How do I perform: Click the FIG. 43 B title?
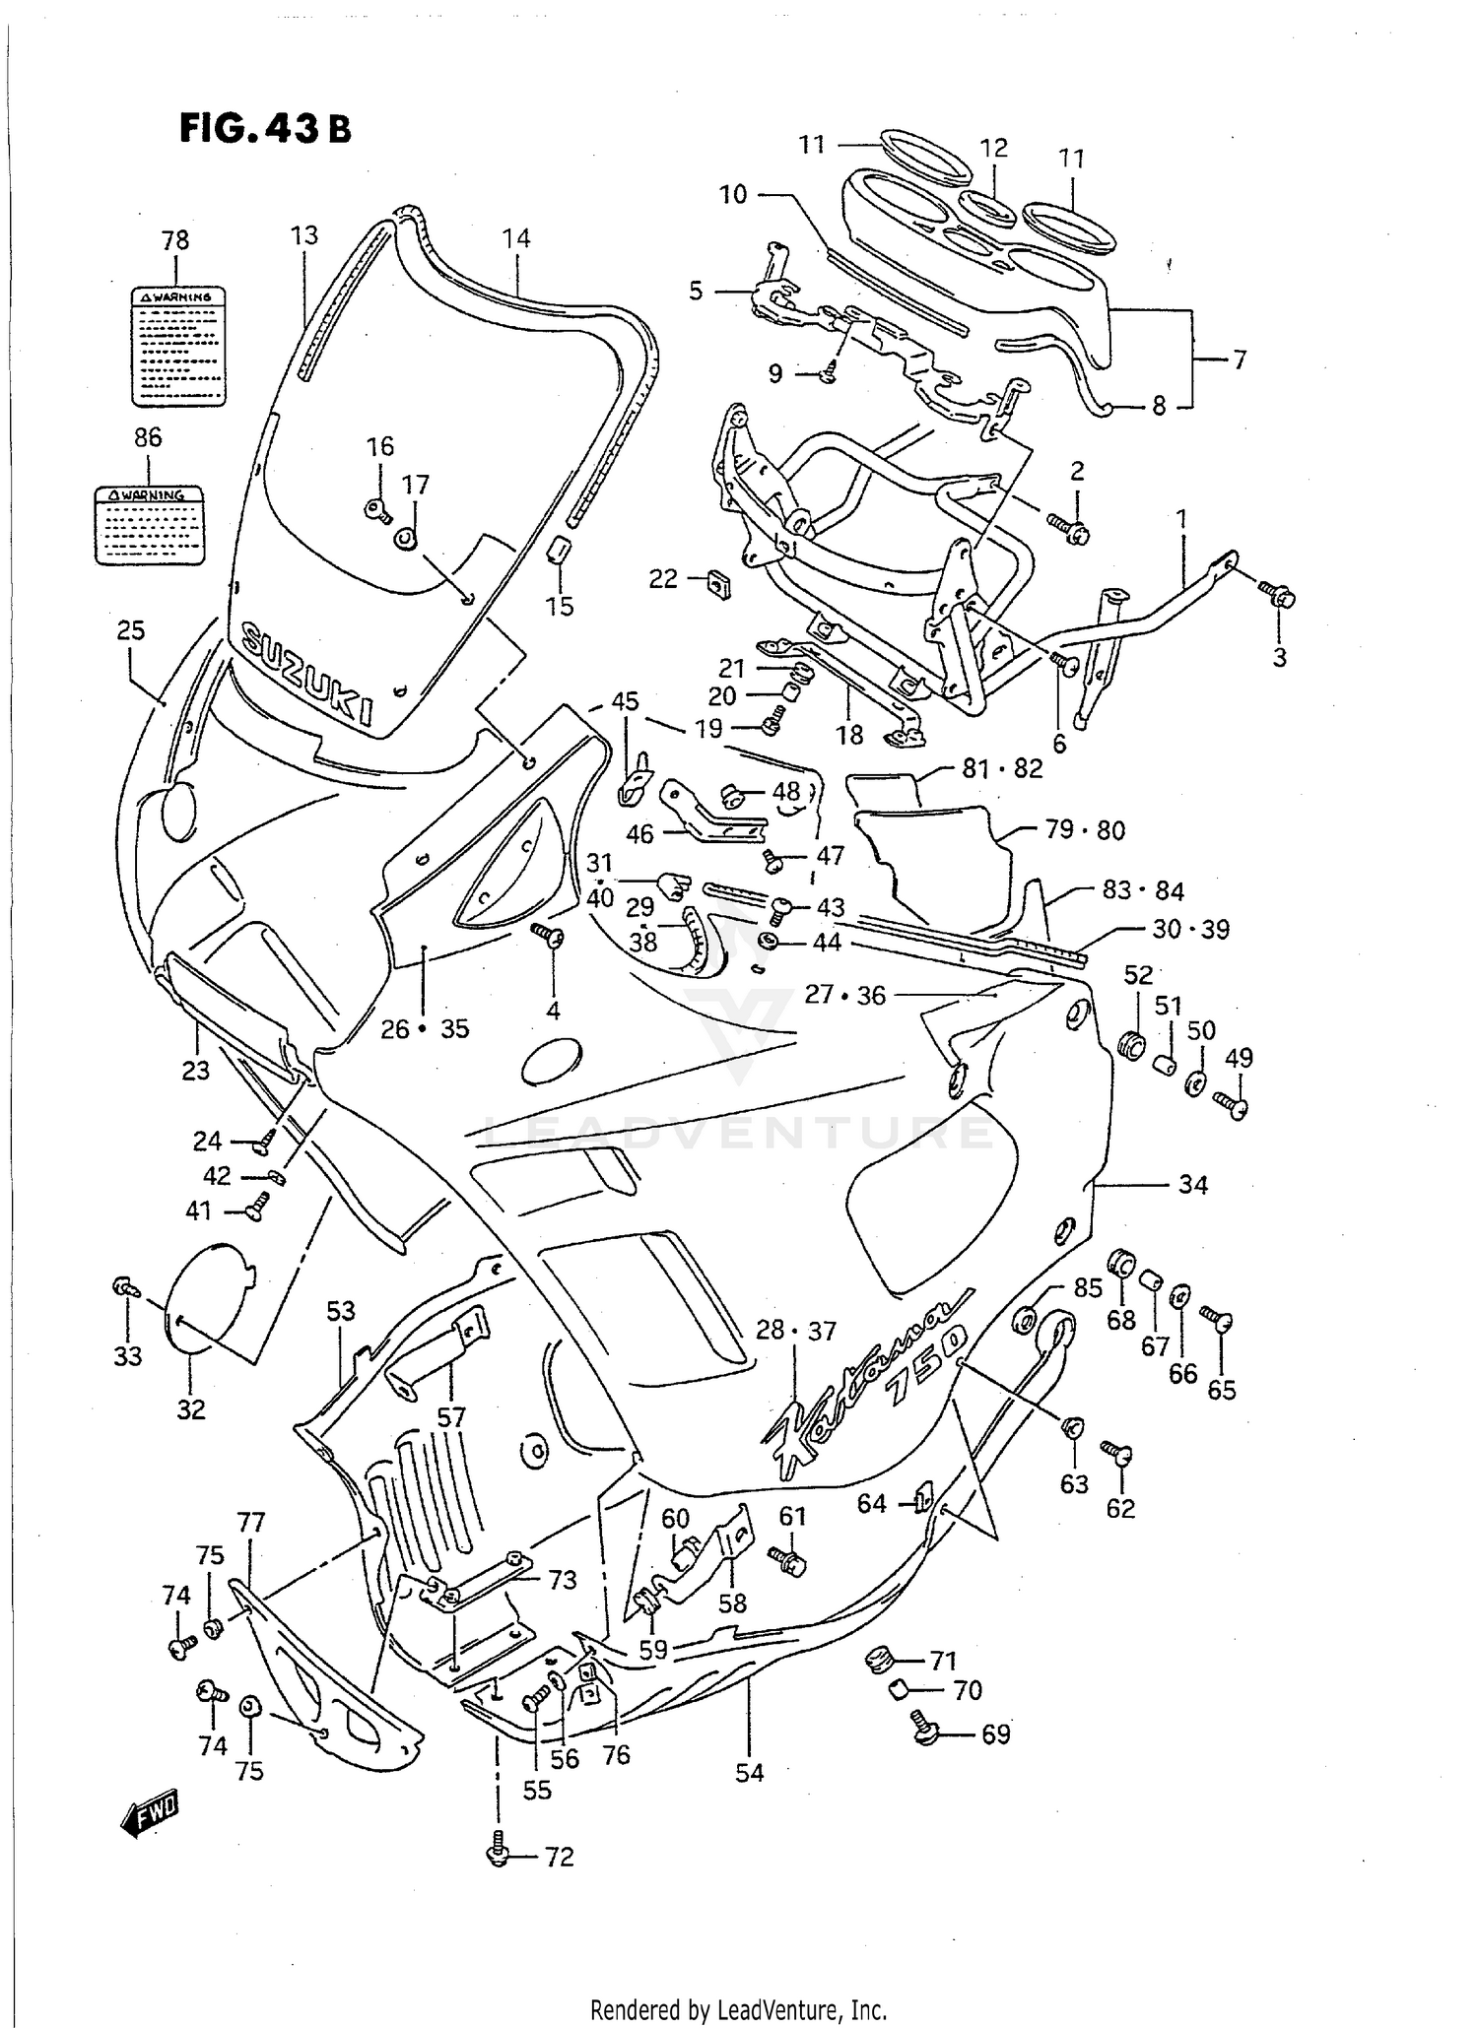[x=264, y=128]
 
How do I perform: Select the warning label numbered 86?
[x=150, y=525]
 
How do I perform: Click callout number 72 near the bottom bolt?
[x=559, y=1857]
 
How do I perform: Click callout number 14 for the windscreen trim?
[x=515, y=238]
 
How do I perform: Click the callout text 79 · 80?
[x=1084, y=830]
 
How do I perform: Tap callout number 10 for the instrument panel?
[x=733, y=194]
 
